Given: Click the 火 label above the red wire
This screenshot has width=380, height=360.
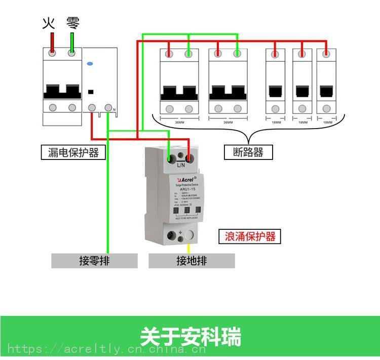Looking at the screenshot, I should point(48,23).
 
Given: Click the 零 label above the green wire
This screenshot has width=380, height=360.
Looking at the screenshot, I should point(73,23).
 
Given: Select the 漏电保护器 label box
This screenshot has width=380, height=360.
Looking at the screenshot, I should point(73,152).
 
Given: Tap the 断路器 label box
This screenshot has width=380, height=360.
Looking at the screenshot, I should point(248,152).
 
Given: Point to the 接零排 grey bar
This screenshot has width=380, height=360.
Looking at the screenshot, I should point(94,261).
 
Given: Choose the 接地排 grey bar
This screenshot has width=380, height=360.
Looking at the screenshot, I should point(192,261).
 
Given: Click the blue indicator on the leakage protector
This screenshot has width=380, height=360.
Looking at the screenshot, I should point(90,64).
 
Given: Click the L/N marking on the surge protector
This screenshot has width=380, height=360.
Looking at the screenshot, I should point(181,165).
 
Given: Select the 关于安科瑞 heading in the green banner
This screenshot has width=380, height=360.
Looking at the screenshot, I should point(190,337).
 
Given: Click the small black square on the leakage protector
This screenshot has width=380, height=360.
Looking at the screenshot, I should point(91,92).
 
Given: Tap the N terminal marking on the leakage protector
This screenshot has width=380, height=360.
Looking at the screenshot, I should point(115,109).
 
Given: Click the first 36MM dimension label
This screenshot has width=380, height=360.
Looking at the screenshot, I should point(179,122).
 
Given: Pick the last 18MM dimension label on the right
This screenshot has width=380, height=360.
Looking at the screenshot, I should point(328,122).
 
